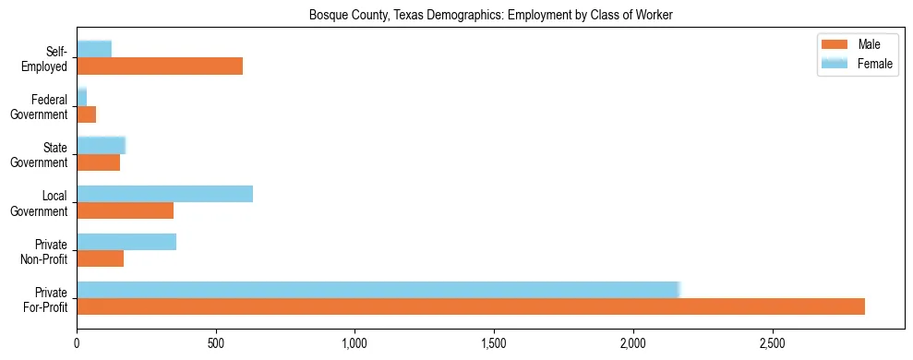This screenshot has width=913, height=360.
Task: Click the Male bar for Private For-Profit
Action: [x=471, y=306]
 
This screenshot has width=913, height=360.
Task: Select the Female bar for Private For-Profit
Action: [x=378, y=289]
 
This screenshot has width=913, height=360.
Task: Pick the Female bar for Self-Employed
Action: [x=94, y=49]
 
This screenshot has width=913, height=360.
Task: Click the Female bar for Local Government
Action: [x=164, y=193]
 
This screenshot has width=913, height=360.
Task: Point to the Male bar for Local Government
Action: [x=125, y=210]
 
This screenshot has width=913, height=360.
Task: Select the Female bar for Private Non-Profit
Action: [x=126, y=241]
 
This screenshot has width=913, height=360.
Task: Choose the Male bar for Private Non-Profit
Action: [x=100, y=258]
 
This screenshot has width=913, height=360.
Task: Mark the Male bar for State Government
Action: [x=98, y=162]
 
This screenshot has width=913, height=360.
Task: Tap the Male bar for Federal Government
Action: [x=86, y=114]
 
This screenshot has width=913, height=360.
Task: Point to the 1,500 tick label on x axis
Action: [x=494, y=342]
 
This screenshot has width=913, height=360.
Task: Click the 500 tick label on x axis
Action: [x=216, y=342]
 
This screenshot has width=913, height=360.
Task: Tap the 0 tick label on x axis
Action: [x=77, y=342]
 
